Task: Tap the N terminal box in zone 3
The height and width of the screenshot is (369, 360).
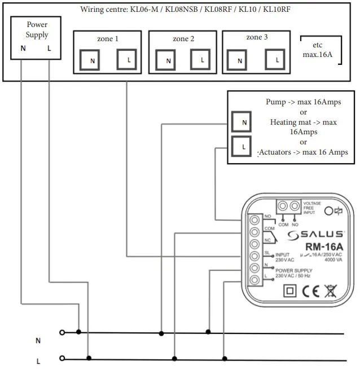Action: pos(239,59)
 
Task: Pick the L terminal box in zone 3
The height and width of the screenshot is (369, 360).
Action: pos(276,59)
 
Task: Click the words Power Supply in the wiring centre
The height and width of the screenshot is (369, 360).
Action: pos(38,30)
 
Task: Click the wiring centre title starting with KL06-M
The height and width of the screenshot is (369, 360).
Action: pos(179,10)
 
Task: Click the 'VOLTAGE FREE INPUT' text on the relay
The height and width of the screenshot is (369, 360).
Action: pos(312,208)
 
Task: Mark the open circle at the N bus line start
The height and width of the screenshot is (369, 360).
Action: pos(62,333)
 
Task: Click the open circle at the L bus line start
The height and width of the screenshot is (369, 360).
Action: pos(62,358)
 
